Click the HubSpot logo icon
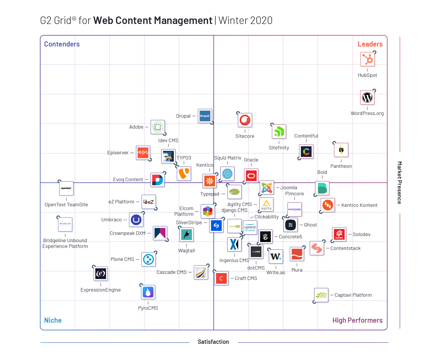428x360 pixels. pyautogui.click(x=367, y=59)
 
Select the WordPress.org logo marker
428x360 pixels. pyautogui.click(x=367, y=98)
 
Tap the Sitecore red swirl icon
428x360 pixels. pyautogui.click(x=245, y=120)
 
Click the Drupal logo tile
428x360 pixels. pyautogui.click(x=205, y=116)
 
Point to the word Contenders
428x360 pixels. pyautogui.click(x=62, y=44)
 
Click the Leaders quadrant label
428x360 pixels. pyautogui.click(x=370, y=44)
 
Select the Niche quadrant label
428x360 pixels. pyautogui.click(x=53, y=320)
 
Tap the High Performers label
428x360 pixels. pyautogui.click(x=357, y=320)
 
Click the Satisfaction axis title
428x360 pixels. pyautogui.click(x=213, y=342)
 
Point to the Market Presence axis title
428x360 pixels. pyautogui.click(x=399, y=183)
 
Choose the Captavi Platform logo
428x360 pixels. pyautogui.click(x=321, y=295)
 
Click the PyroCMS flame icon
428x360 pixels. pyautogui.click(x=148, y=292)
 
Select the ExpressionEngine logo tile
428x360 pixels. pyautogui.click(x=101, y=273)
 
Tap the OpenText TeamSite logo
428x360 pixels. pyautogui.click(x=66, y=188)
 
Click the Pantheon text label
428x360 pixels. pyautogui.click(x=341, y=166)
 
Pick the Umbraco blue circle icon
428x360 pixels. pyautogui.click(x=136, y=220)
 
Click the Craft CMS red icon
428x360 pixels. pyautogui.click(x=221, y=278)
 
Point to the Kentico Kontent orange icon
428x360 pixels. pyautogui.click(x=328, y=205)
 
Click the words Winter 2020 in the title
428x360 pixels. pyautogui.click(x=245, y=21)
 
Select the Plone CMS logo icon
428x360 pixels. pyautogui.click(x=149, y=259)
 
